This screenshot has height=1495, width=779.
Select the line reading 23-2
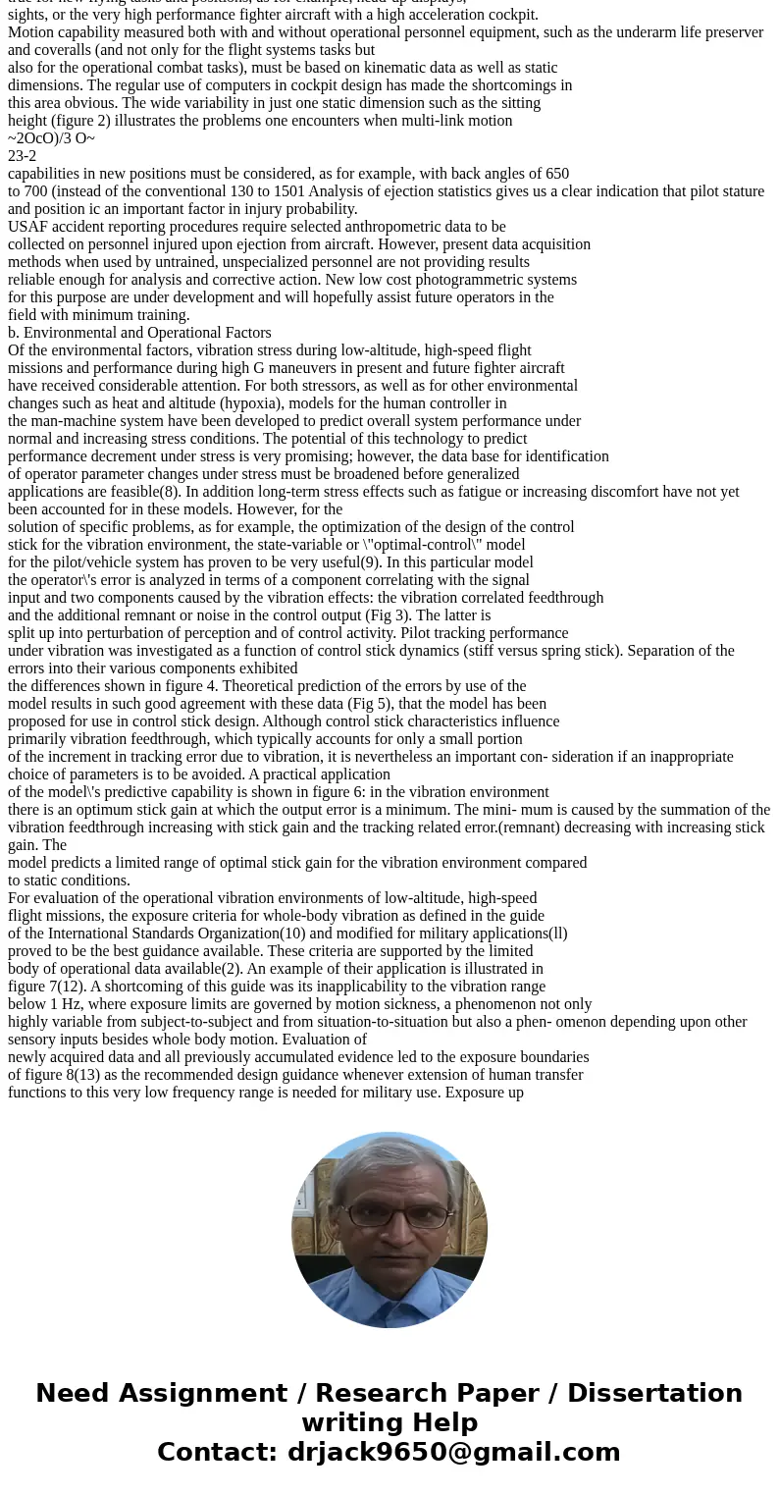22,155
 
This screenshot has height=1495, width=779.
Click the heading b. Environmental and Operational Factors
139,332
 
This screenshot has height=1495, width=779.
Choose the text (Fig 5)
347,703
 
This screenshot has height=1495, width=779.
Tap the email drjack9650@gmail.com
453,1452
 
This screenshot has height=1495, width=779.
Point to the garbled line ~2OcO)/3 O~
51,137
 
